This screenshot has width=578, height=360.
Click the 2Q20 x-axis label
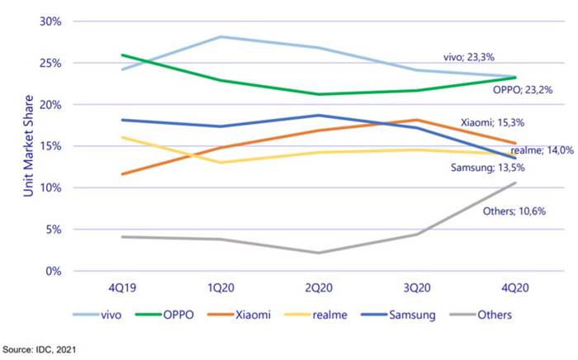[x=318, y=287]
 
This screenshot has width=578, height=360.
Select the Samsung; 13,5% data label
[x=493, y=168]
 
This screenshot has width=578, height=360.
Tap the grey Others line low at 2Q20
[x=318, y=253]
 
